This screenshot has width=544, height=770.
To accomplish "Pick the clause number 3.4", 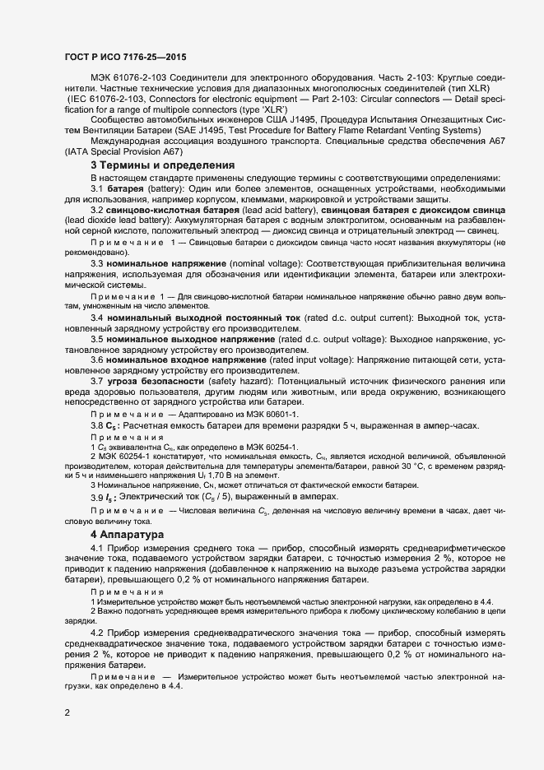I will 96,317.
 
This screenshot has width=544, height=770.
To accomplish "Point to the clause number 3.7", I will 96,383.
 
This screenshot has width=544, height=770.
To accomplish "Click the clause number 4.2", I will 96,633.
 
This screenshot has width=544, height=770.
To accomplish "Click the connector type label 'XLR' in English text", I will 267,109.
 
